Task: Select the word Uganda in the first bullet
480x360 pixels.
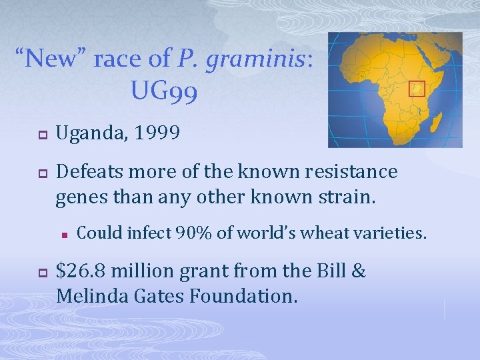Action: tap(89, 134)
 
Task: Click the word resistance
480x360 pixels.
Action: tap(349, 172)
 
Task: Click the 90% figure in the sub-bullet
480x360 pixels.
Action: tap(193, 233)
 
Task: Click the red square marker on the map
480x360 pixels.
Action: tap(416, 89)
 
